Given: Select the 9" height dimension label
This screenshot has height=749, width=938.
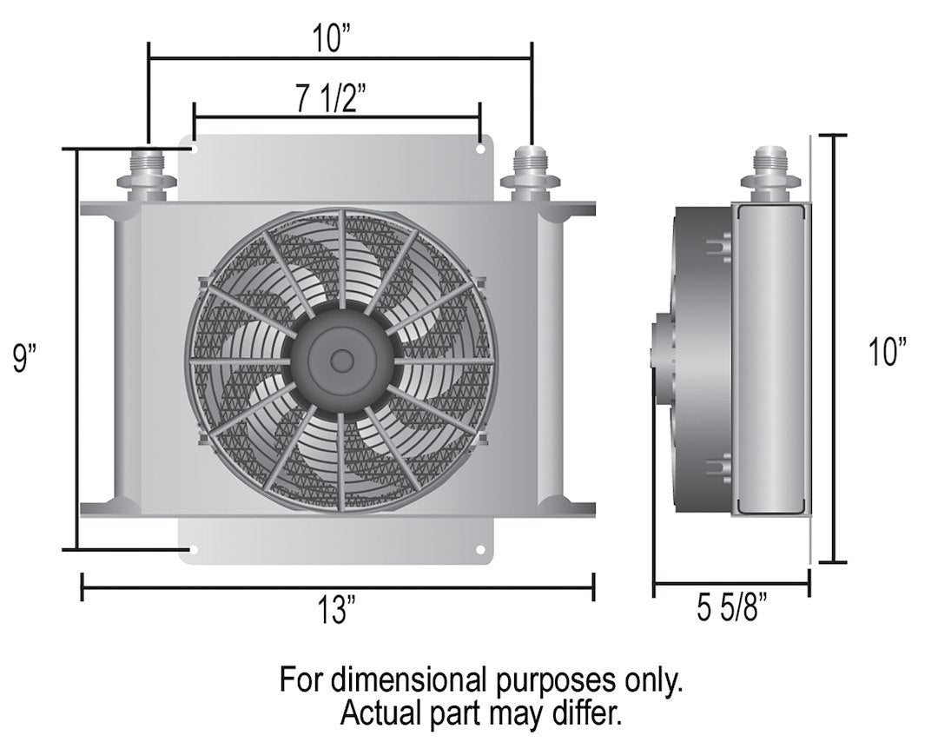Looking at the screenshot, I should coord(27,356).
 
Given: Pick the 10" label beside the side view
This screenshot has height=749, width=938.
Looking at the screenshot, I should coord(887,354).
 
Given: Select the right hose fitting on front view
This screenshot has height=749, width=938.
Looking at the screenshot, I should coord(531,173).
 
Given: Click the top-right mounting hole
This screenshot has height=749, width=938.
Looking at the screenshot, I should coord(480,149).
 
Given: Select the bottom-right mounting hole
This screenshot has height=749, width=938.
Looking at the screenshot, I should coord(480,549).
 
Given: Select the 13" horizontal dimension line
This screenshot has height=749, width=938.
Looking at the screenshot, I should coord(217,587).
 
